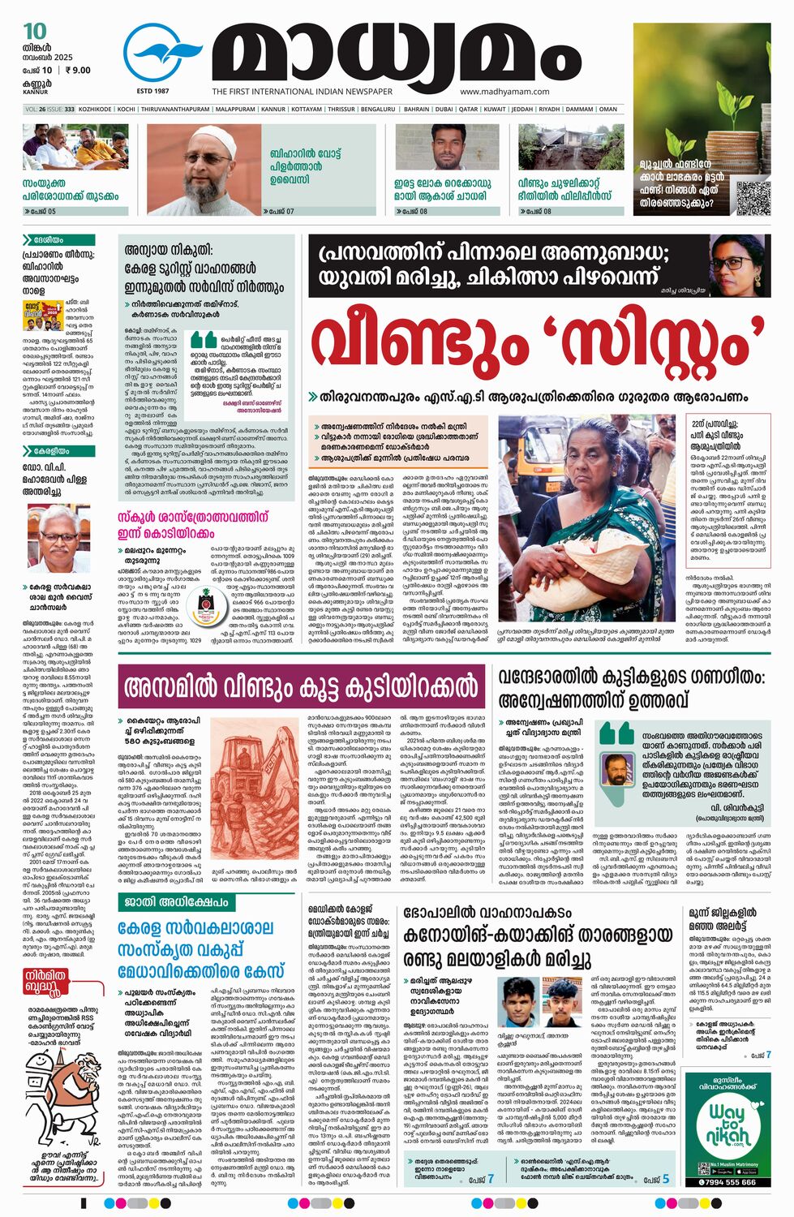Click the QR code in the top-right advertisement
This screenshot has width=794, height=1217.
point(753,197)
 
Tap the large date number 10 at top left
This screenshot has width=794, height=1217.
point(35,31)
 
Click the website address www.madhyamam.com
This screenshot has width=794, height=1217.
point(504,92)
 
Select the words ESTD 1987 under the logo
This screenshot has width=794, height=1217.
point(152,91)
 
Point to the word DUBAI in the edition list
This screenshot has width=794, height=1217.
point(444,109)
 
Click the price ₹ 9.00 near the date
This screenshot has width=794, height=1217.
point(78,70)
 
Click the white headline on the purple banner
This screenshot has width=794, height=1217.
point(301,688)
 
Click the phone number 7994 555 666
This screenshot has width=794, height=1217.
point(728,1182)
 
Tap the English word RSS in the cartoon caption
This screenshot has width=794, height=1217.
point(84,1017)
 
